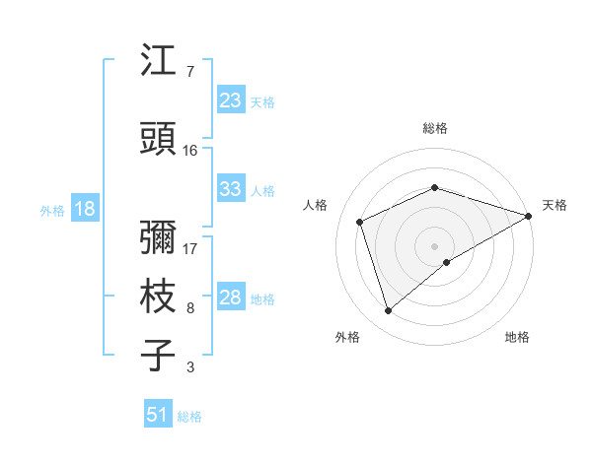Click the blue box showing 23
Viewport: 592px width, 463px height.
click(x=230, y=100)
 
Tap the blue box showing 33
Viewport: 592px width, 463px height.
click(x=230, y=189)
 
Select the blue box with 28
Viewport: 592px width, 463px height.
click(x=230, y=298)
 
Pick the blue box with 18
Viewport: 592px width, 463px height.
click(x=84, y=209)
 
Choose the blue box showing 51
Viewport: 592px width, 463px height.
click(x=158, y=415)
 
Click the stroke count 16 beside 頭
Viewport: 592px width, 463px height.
click(x=190, y=151)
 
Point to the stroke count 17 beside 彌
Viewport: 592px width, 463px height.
click(x=190, y=248)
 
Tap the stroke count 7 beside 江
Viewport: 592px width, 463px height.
click(x=189, y=72)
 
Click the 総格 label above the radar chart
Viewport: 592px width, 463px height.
click(x=435, y=128)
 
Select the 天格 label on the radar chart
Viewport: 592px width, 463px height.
click(x=555, y=205)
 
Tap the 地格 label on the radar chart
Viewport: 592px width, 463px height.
click(x=517, y=337)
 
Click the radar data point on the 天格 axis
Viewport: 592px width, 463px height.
click(x=530, y=214)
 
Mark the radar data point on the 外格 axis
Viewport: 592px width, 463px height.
click(x=388, y=310)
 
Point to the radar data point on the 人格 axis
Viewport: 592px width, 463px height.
click(x=360, y=222)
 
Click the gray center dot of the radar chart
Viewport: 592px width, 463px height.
click(x=435, y=244)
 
